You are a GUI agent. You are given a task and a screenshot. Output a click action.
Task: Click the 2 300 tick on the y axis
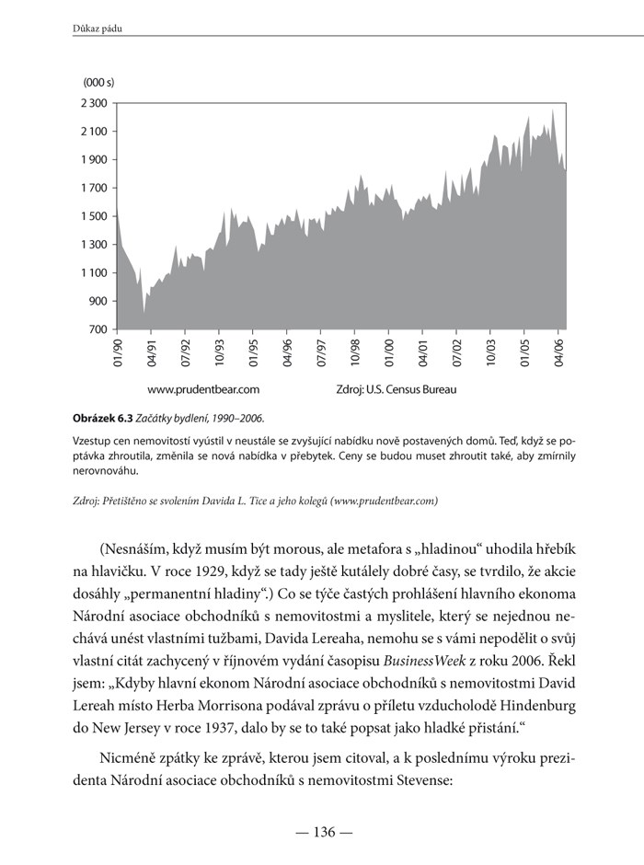pyautogui.click(x=94, y=102)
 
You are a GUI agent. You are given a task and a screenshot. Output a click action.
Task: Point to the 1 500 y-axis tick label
pyautogui.click(x=94, y=215)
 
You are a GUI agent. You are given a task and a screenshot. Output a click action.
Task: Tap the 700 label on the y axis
pyautogui.click(x=98, y=329)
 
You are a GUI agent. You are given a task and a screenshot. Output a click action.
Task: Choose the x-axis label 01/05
pyautogui.click(x=525, y=352)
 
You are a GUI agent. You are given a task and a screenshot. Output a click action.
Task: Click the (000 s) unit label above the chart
pyautogui.click(x=98, y=83)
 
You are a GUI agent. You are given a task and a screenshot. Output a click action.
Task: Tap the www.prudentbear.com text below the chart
pyautogui.click(x=203, y=389)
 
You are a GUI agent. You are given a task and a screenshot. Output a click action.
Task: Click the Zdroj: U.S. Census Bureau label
pyautogui.click(x=397, y=389)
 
